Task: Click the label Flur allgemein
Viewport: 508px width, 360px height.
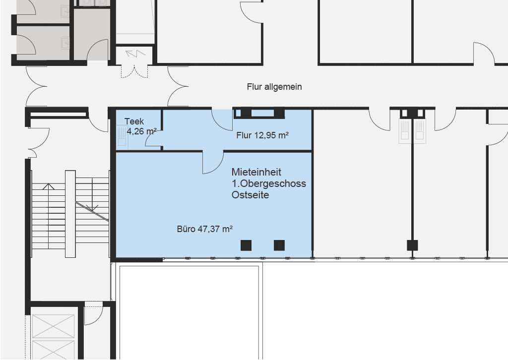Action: pos(274,87)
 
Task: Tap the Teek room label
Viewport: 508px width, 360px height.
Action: pos(134,121)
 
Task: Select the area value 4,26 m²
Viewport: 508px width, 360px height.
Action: pos(141,131)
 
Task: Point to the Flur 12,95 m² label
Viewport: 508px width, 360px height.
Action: pos(262,135)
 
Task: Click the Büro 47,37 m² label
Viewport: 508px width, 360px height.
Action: pos(205,229)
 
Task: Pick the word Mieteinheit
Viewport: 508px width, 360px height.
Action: pos(256,172)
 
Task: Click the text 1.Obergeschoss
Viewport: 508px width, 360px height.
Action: pos(268,183)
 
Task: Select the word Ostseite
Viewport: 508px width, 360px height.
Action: pos(250,195)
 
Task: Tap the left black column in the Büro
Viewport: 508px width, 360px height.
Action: pos(246,245)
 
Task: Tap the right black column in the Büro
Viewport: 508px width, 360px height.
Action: pos(279,245)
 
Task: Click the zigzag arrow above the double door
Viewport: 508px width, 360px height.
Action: pos(135,53)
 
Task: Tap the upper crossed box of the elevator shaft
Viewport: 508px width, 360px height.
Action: pos(54,326)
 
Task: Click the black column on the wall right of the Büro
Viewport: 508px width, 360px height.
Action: pos(412,245)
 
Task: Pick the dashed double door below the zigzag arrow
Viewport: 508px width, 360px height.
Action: pos(134,71)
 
